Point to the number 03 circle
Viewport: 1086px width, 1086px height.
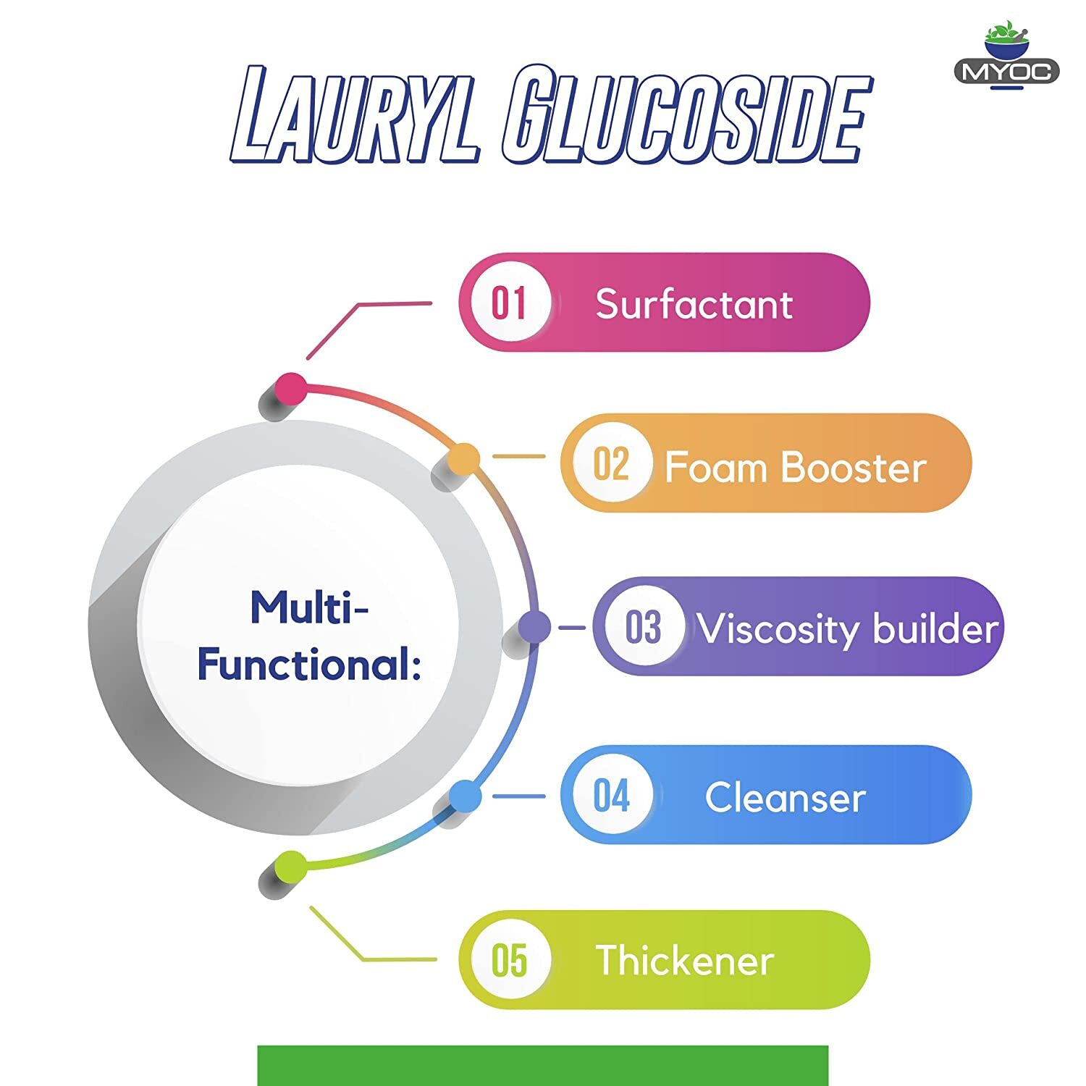point(644,626)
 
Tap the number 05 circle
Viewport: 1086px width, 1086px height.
point(510,960)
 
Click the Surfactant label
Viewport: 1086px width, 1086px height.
point(694,304)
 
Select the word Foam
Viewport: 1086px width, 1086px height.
point(716,467)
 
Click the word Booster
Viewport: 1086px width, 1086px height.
point(854,467)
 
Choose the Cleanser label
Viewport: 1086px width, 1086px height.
point(786,798)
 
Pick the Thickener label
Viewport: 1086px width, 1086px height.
point(684,961)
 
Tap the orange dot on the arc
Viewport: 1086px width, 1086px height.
point(463,459)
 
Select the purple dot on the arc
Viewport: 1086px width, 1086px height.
point(534,627)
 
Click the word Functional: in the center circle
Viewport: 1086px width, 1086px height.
point(309,664)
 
